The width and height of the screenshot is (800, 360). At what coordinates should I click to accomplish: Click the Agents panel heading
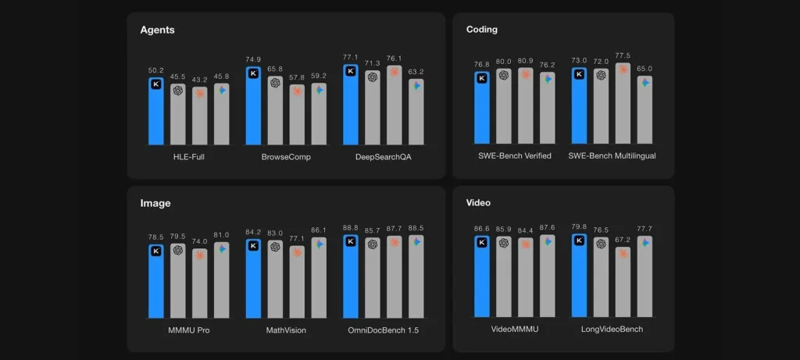[157, 30]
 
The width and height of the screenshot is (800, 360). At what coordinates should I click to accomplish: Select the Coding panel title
[481, 30]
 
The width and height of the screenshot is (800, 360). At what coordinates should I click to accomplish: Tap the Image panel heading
[155, 203]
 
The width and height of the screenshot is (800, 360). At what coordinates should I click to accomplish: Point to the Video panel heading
[478, 203]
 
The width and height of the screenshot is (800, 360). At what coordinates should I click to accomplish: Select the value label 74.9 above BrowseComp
[253, 59]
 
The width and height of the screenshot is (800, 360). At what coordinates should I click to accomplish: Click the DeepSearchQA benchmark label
[383, 156]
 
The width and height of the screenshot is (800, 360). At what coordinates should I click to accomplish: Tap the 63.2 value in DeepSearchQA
[416, 73]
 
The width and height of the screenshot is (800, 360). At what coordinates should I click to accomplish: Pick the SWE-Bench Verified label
[514, 156]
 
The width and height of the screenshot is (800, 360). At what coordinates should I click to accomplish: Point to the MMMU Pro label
[188, 330]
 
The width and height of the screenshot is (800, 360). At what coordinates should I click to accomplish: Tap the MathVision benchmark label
[286, 330]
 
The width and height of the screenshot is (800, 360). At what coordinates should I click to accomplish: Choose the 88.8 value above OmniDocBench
[351, 228]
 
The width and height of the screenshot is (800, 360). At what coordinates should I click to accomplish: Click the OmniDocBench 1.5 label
[383, 330]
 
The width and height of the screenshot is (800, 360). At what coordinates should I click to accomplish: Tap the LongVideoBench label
[612, 330]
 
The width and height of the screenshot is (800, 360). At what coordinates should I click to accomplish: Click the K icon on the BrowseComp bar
[253, 73]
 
